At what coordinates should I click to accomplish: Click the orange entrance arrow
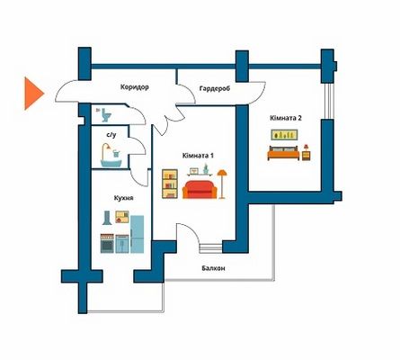33,94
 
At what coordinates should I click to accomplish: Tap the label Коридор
135,87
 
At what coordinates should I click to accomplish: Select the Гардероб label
215,89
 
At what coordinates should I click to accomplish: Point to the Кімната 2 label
286,118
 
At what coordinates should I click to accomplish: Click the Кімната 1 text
198,156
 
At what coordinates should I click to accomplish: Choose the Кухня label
123,198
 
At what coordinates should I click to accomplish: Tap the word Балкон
213,268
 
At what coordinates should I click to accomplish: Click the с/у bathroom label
111,135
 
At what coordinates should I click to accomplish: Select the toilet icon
105,115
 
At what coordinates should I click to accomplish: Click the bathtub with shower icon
111,155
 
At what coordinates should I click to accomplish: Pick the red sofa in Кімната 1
200,190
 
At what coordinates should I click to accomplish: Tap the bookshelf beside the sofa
170,184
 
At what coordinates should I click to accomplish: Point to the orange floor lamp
222,184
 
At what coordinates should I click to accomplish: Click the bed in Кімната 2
283,153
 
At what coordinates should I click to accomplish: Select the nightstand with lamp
306,152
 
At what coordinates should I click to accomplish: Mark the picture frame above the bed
284,135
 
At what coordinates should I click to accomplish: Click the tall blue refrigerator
138,234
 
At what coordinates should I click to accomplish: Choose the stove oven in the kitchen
107,243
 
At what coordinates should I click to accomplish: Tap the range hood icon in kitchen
107,218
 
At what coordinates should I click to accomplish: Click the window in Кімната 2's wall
329,102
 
